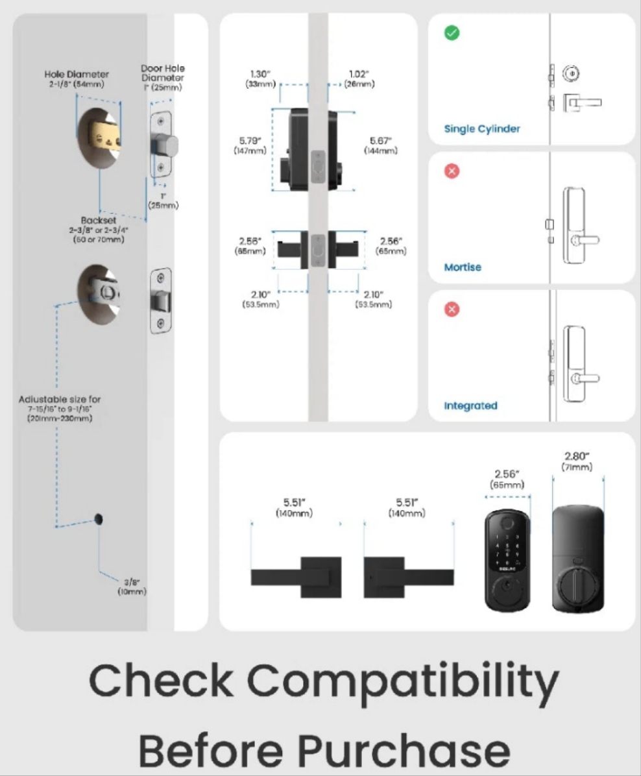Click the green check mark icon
click(x=452, y=32)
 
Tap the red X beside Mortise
click(x=452, y=171)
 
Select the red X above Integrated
click(x=452, y=309)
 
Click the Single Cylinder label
click(x=482, y=128)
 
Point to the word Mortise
click(x=463, y=267)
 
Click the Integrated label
click(x=470, y=406)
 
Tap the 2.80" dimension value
click(x=577, y=456)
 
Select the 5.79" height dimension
click(x=249, y=141)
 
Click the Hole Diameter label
click(x=77, y=74)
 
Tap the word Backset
click(x=98, y=220)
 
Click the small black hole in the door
click(x=99, y=518)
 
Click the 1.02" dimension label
click(x=355, y=74)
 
